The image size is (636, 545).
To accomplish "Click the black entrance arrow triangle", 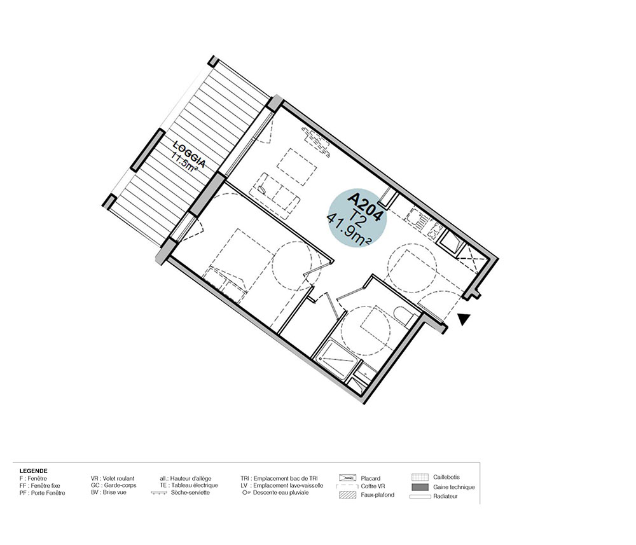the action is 464,320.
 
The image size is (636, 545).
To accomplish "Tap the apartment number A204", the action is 365,207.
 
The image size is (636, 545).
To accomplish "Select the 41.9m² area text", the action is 350,230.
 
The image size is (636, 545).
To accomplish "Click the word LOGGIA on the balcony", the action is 190,154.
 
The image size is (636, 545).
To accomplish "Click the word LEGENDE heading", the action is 33,471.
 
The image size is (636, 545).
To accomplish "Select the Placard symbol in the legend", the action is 348,478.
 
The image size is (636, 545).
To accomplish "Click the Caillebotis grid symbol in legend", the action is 420,478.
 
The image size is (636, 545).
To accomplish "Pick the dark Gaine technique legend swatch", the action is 420,486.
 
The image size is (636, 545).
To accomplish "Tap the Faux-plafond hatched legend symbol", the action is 348,495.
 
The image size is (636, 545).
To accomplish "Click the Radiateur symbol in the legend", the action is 420,496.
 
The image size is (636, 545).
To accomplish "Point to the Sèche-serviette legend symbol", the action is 158,493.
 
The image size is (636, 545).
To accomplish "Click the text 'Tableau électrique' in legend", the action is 194,485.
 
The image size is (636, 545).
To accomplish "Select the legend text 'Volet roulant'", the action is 118,478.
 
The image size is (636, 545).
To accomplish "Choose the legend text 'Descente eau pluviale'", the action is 280,493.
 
